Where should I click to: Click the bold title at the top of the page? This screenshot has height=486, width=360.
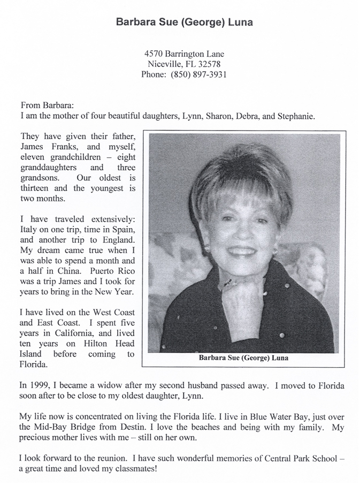point(184,22)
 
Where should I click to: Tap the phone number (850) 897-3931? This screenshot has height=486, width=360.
point(198,74)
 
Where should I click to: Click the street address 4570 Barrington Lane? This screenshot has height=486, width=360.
point(184,54)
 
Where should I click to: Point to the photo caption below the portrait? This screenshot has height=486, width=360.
point(243,358)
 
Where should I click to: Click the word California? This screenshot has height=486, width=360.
point(79,333)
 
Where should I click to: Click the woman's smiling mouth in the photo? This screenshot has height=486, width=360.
point(242,250)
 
